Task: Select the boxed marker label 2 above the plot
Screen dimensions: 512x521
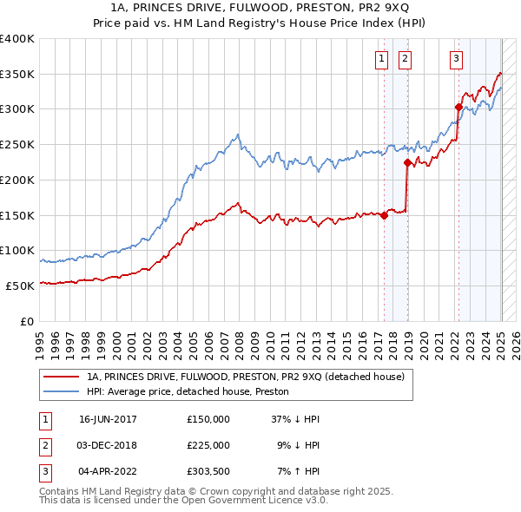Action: pyautogui.click(x=405, y=59)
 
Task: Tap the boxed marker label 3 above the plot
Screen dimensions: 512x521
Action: pyautogui.click(x=456, y=59)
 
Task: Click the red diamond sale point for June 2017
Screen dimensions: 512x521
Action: pyautogui.click(x=384, y=216)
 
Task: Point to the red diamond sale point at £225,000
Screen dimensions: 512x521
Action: pyautogui.click(x=406, y=162)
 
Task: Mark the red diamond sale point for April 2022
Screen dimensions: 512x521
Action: pyautogui.click(x=458, y=108)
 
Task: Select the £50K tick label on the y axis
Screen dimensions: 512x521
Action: pyautogui.click(x=21, y=286)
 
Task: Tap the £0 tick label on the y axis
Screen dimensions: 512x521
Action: pyautogui.click(x=27, y=321)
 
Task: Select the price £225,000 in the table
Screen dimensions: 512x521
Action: pyautogui.click(x=208, y=445)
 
